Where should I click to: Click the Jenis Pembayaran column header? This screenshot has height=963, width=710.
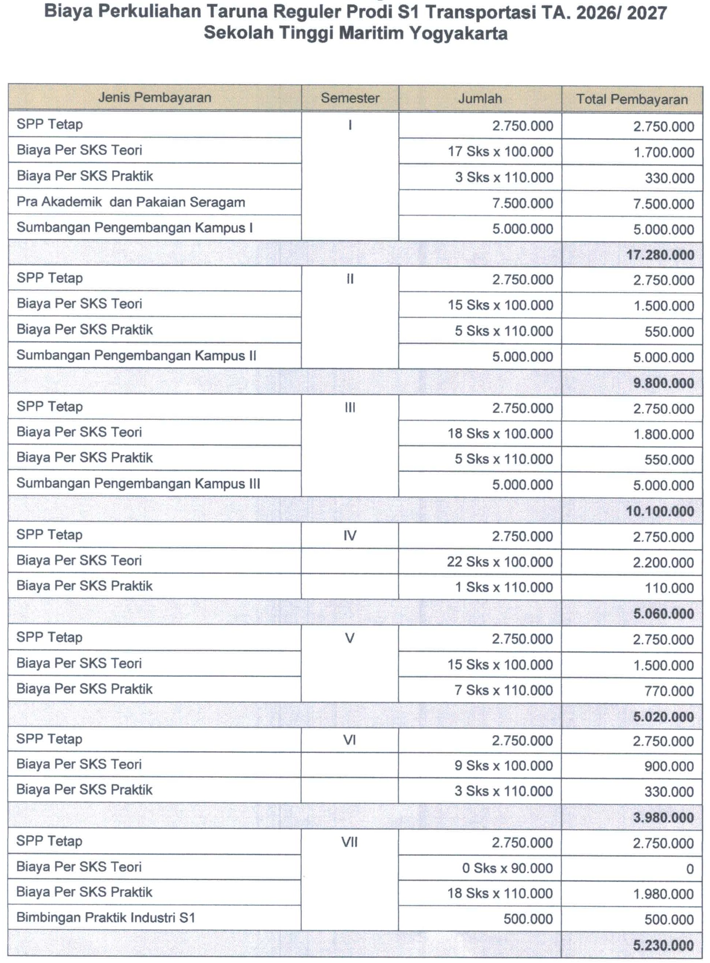(155, 97)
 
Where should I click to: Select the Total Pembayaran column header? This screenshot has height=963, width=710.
(632, 99)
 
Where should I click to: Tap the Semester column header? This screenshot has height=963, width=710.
(350, 98)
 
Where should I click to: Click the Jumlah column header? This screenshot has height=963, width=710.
(480, 99)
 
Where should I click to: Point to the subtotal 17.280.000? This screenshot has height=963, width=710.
(660, 255)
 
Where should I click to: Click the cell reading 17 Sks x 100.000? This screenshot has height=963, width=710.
(500, 152)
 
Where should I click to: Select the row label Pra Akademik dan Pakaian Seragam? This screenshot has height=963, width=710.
(131, 202)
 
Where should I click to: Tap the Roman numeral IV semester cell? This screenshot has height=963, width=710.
(350, 536)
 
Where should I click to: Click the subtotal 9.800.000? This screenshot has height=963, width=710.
(663, 383)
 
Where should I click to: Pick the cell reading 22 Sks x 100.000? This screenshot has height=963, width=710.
(499, 562)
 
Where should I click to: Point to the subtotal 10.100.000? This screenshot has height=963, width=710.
(660, 511)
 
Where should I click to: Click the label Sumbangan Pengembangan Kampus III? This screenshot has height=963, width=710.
(138, 484)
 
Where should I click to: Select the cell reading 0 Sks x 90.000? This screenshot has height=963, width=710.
(507, 868)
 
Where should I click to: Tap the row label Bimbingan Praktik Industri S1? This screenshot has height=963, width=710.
(106, 918)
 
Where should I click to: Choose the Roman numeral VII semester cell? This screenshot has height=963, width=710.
(350, 842)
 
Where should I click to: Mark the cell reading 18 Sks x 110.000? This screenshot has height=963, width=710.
(500, 893)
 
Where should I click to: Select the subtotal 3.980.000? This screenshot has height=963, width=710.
(663, 817)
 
